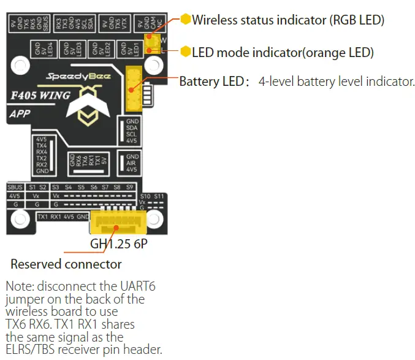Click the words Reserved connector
click(66, 264)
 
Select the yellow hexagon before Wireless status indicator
click(186, 20)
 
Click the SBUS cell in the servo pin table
click(15, 186)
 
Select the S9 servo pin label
click(130, 186)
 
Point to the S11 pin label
click(159, 196)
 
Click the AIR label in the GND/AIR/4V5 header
click(131, 163)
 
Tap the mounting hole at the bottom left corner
click(20, 218)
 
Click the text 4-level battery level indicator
click(337, 81)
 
